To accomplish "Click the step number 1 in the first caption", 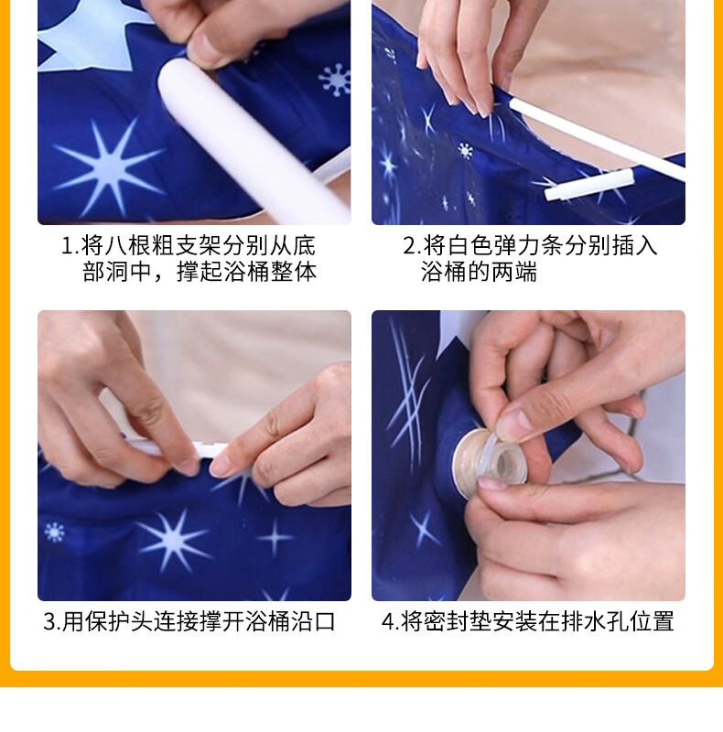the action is (68, 246).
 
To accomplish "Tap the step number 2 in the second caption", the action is (409, 246).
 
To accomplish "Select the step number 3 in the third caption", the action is (49, 621).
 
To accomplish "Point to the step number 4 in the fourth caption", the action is (389, 621).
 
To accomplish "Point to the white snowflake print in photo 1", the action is (334, 80).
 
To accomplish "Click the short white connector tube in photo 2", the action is (589, 186).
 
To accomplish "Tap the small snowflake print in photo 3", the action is (54, 533).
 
